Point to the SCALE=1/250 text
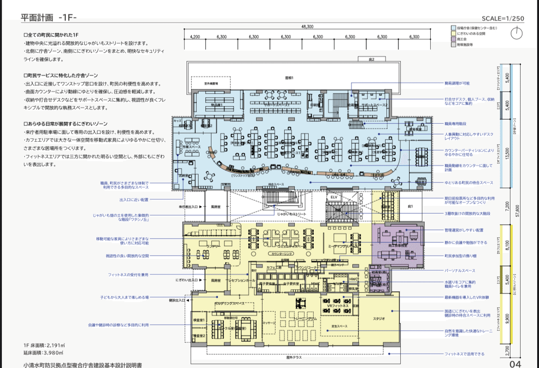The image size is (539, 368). click(x=503, y=18)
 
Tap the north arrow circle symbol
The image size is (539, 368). click(x=517, y=34)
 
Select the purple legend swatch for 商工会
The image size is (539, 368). click(x=453, y=40)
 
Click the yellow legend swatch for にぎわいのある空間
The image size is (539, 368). click(x=453, y=34)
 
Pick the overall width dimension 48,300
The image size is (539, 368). click(x=307, y=27)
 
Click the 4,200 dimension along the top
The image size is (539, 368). click(x=195, y=37)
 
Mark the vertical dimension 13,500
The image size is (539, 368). click(x=507, y=152)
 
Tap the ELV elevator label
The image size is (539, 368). click(x=334, y=197)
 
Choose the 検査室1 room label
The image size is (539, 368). click(x=199, y=320)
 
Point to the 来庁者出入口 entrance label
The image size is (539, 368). click(x=188, y=207)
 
